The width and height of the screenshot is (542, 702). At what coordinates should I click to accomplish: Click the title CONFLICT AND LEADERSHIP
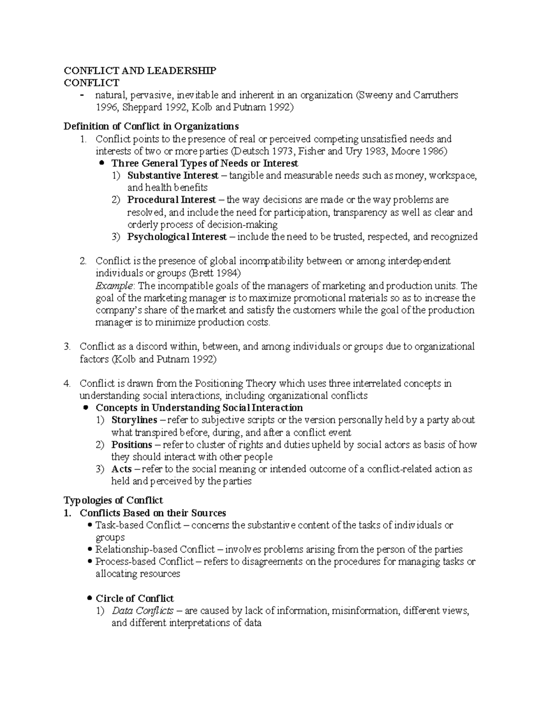pos(140,71)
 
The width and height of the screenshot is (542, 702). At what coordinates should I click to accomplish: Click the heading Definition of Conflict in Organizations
pos(151,126)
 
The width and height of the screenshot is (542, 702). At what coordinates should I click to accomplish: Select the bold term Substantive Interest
pos(173,175)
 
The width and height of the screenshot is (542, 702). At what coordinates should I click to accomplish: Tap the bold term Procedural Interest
pos(171,200)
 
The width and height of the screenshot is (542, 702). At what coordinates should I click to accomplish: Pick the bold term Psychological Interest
pos(177,237)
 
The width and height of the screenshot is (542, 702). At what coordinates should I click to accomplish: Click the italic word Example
pos(114,286)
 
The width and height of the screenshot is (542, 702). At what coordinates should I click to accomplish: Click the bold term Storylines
pos(134,420)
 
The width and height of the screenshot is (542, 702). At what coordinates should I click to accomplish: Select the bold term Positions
pos(131,445)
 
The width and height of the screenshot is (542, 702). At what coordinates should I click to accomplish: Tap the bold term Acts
pos(121,469)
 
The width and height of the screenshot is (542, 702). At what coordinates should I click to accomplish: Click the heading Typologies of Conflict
pos(113,500)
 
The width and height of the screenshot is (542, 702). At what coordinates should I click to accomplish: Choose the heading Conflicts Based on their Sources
pos(153,513)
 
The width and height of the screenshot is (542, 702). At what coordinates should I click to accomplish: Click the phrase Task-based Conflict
pos(138,525)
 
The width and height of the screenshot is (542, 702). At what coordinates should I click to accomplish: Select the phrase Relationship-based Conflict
pos(155,550)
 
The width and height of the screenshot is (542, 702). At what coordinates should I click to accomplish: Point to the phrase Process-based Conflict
pos(145,562)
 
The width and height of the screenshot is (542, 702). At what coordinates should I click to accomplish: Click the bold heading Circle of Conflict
pos(135,598)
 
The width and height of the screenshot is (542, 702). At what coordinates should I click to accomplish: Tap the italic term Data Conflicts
pos(142,611)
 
